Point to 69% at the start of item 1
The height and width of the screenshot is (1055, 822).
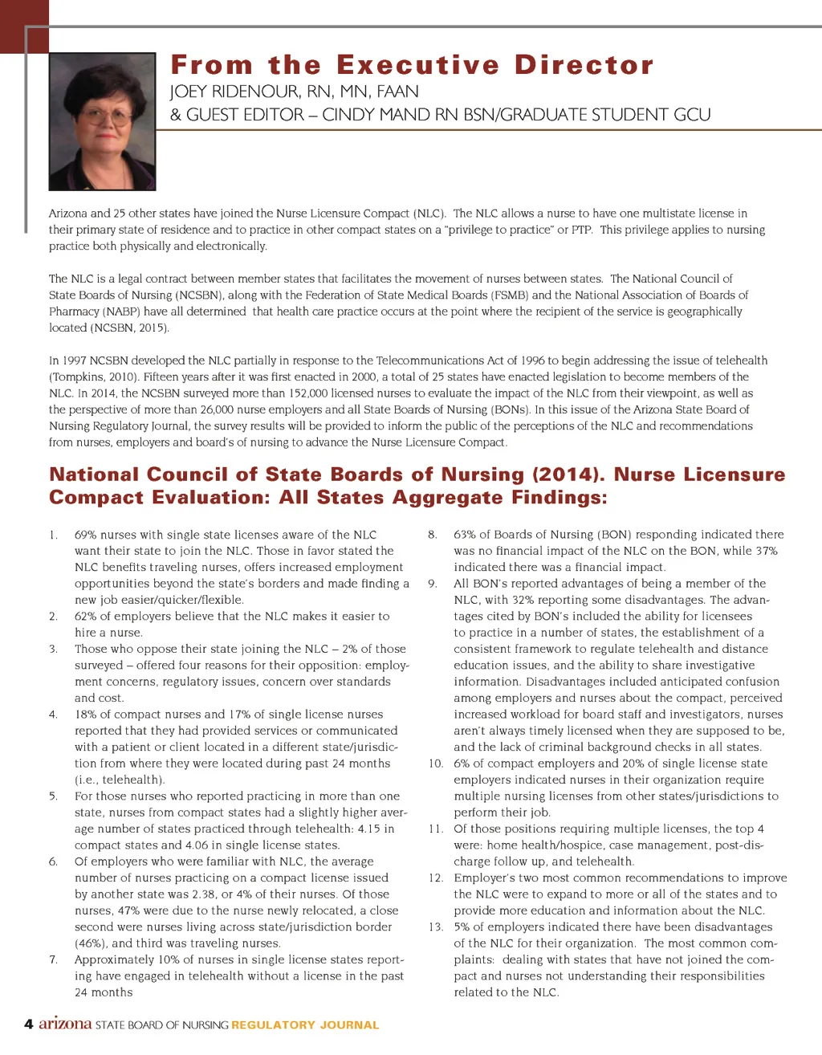[x=86, y=535]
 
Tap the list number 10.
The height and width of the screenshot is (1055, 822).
[x=436, y=764]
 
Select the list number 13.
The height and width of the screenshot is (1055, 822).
[x=436, y=927]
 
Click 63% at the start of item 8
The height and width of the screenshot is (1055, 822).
[x=465, y=535]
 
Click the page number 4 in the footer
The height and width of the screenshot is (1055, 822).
[x=29, y=1024]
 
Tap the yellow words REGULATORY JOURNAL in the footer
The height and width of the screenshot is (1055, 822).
[x=305, y=1025]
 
